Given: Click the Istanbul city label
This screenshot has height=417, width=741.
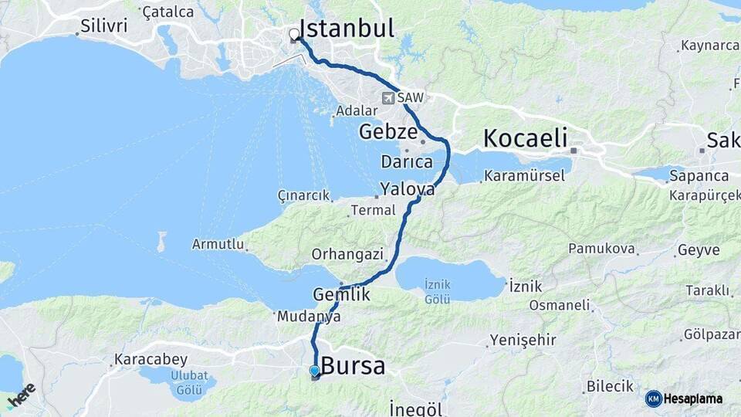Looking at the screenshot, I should [346, 29].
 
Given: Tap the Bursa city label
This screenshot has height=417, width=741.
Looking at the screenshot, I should [353, 365].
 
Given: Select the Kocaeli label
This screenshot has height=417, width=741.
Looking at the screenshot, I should [525, 139].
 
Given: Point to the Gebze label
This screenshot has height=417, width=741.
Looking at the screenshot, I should [387, 132].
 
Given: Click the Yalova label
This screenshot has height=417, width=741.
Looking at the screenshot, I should [406, 189].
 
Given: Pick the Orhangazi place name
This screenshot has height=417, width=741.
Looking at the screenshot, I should [347, 253].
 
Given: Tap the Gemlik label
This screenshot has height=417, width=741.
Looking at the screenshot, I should [342, 294].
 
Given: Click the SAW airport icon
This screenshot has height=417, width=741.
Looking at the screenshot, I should [388, 98].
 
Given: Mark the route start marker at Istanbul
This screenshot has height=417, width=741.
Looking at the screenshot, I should [294, 35].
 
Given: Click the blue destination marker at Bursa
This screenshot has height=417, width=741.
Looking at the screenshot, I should [314, 371].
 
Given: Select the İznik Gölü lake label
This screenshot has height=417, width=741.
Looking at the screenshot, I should [438, 292].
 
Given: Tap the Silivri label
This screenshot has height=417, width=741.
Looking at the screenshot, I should [103, 26].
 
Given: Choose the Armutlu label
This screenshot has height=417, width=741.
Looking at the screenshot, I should [218, 245].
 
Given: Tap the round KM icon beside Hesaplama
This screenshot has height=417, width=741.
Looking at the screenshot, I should [653, 398].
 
